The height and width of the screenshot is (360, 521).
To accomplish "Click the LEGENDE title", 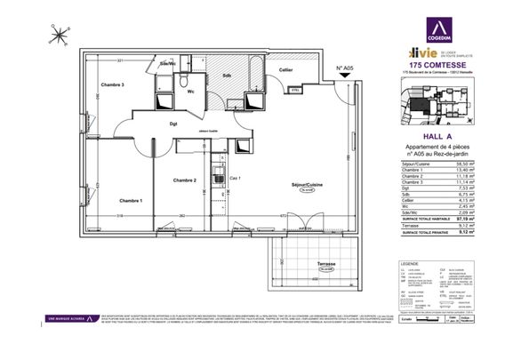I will coord(411,264).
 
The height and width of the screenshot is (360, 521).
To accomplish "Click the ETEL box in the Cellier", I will coord(296,89).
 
